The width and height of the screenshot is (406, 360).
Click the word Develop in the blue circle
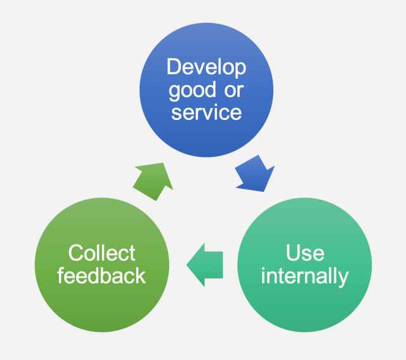coord(206,68)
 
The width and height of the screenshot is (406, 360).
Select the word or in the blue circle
coord(234,91)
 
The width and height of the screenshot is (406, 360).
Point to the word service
coord(206,112)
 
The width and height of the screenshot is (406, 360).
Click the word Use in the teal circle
coord(305,253)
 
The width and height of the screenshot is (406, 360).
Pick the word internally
coord(304,276)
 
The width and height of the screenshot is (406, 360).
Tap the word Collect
coord(101,253)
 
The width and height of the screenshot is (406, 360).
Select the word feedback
coord(101,276)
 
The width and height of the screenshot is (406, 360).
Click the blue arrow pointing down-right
coord(255,174)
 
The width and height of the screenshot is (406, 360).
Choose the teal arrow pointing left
coord(205,265)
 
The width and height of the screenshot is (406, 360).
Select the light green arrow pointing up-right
coord(154,181)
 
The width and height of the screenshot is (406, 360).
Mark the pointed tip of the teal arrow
coord(187,265)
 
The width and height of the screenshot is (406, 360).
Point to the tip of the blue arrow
coord(264,192)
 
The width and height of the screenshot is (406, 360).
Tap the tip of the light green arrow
coord(163,163)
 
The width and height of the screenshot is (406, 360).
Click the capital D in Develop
coord(174,67)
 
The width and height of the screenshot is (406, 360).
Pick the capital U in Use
coord(293,252)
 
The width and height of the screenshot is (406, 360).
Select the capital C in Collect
coord(76,253)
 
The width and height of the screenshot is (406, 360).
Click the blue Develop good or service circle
coord(206,90)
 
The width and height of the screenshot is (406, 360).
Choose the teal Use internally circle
coord(304,265)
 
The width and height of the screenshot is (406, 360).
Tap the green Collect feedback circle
coord(102,265)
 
